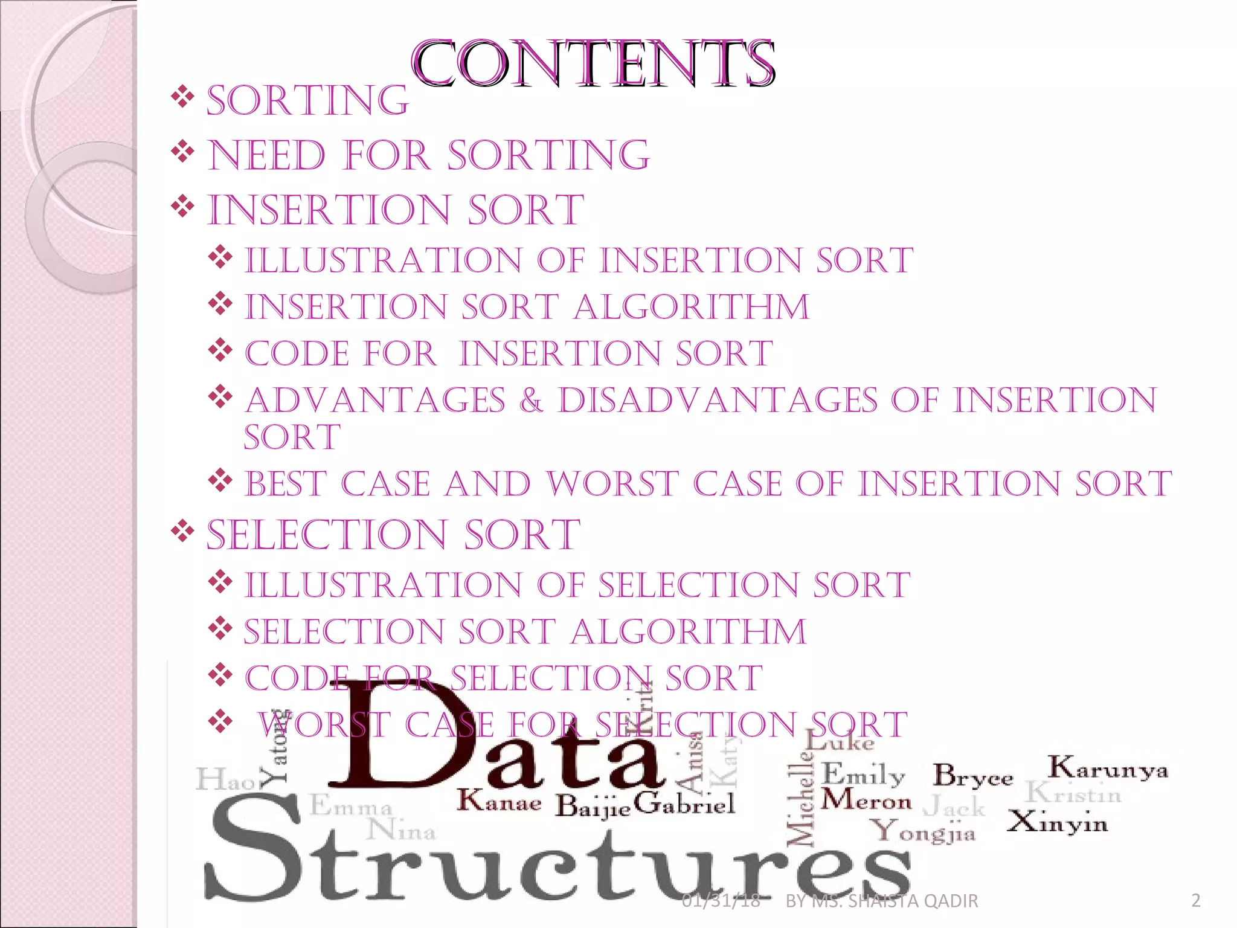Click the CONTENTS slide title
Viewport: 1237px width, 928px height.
click(593, 64)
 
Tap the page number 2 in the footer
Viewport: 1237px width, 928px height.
click(1195, 901)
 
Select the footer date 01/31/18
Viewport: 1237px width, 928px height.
click(721, 901)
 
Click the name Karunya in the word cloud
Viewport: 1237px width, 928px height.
click(1107, 768)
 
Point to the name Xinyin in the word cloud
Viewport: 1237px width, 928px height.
click(1057, 822)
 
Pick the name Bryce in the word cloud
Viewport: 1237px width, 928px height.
click(972, 776)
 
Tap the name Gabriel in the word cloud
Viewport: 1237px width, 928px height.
click(685, 803)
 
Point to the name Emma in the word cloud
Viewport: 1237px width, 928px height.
click(351, 807)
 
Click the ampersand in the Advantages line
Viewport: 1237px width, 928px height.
click(531, 401)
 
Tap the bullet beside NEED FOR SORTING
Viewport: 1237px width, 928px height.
click(182, 152)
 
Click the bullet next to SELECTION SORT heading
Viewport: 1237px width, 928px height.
click(182, 532)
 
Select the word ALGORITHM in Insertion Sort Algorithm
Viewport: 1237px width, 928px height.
click(691, 307)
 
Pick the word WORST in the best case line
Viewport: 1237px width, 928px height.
click(612, 484)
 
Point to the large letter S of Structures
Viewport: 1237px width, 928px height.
click(254, 846)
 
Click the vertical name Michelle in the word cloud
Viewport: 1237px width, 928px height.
click(800, 804)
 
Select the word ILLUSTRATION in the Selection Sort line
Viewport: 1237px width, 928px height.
click(383, 585)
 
